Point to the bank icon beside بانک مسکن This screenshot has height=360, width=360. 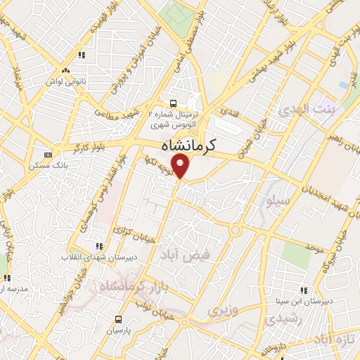(x=48, y=155)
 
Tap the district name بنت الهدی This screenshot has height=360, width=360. (x=297, y=110)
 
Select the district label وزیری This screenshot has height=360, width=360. (x=224, y=309)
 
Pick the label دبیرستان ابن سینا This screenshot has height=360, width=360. (x=305, y=301)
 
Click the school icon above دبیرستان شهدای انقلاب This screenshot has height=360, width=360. (x=99, y=246)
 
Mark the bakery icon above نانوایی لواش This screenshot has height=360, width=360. (x=65, y=70)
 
